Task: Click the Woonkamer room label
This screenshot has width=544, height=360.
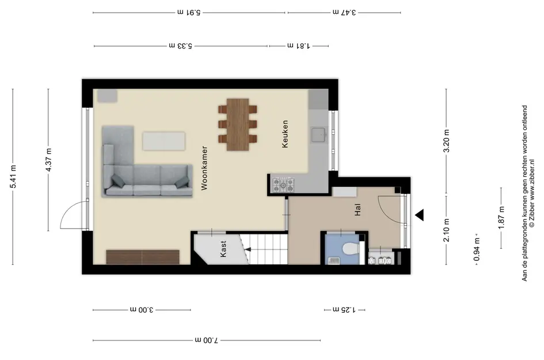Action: (x=204, y=168)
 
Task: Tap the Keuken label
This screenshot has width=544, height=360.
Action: (x=285, y=134)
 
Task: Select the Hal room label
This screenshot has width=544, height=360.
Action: (x=357, y=210)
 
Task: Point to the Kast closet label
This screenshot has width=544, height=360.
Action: (x=223, y=249)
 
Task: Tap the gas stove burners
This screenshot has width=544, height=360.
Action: (x=283, y=185)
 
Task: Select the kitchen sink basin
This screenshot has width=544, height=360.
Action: (x=318, y=135)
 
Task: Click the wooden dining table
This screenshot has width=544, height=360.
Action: (x=238, y=124)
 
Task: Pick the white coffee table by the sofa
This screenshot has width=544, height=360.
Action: (x=163, y=141)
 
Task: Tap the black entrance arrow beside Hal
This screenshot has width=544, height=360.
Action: (x=420, y=215)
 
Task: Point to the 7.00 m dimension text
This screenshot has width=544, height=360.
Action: (x=207, y=340)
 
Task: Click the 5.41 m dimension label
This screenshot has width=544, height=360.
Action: (x=14, y=177)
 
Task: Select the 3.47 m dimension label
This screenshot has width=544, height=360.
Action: (x=344, y=13)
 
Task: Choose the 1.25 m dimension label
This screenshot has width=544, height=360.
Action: (x=344, y=309)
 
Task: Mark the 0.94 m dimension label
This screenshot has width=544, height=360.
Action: (x=477, y=249)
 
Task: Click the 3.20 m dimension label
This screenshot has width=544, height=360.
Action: (x=447, y=141)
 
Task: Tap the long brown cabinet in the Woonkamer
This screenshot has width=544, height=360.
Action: (x=143, y=257)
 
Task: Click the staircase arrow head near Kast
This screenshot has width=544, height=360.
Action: (x=248, y=249)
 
